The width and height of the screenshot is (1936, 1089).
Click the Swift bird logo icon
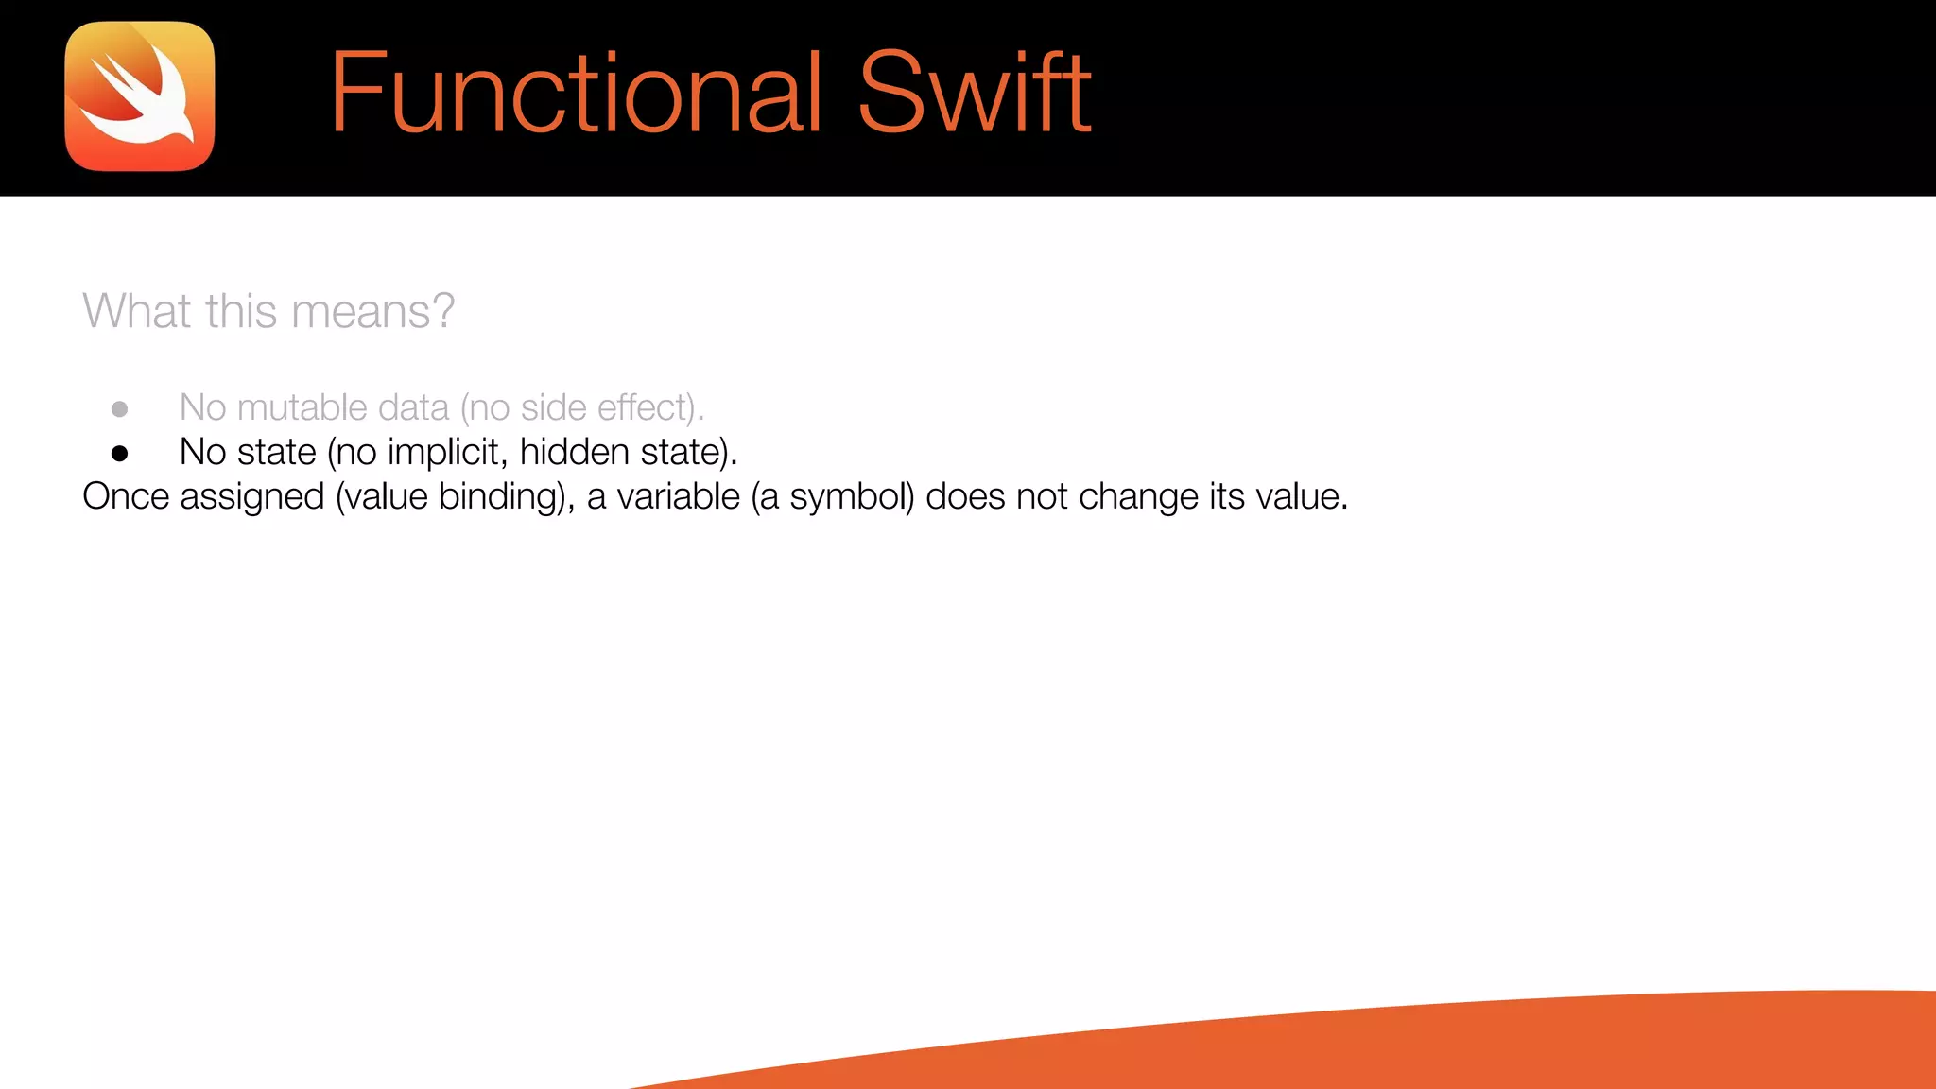tap(140, 96)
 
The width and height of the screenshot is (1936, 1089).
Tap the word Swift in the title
tap(975, 93)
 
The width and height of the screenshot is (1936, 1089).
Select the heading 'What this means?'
tap(268, 311)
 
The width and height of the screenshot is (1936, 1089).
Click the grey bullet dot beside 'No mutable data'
tap(119, 409)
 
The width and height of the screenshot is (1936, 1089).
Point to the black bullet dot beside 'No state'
tap(119, 454)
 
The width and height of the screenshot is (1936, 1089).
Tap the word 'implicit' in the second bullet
tap(442, 452)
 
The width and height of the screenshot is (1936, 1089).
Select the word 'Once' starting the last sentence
tap(125, 496)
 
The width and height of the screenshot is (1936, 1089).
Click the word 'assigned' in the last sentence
tap(251, 497)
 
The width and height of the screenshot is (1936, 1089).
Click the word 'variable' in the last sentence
tap(678, 496)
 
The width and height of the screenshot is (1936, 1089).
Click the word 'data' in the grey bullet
tap(413, 407)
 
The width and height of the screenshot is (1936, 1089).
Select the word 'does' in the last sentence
tap(965, 496)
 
